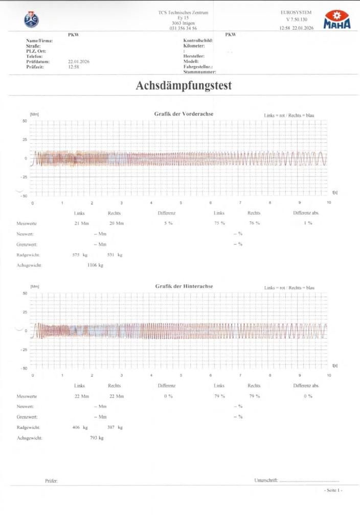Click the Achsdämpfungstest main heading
184,86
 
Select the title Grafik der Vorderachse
184,113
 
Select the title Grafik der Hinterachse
184,286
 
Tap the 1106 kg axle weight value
95,265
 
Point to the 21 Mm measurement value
82,223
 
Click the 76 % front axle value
254,223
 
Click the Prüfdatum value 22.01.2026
79,61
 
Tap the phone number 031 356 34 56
183,29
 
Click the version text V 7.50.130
296,19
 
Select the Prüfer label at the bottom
51,481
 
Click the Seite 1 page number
333,490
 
